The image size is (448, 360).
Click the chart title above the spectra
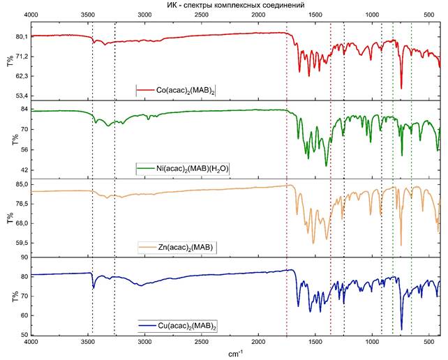236,5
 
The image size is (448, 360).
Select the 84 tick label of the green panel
22,110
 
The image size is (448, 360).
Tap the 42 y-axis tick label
22,170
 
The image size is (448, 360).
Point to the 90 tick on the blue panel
22,257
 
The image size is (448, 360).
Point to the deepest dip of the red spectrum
401,88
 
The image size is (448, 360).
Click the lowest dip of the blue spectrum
401,329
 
